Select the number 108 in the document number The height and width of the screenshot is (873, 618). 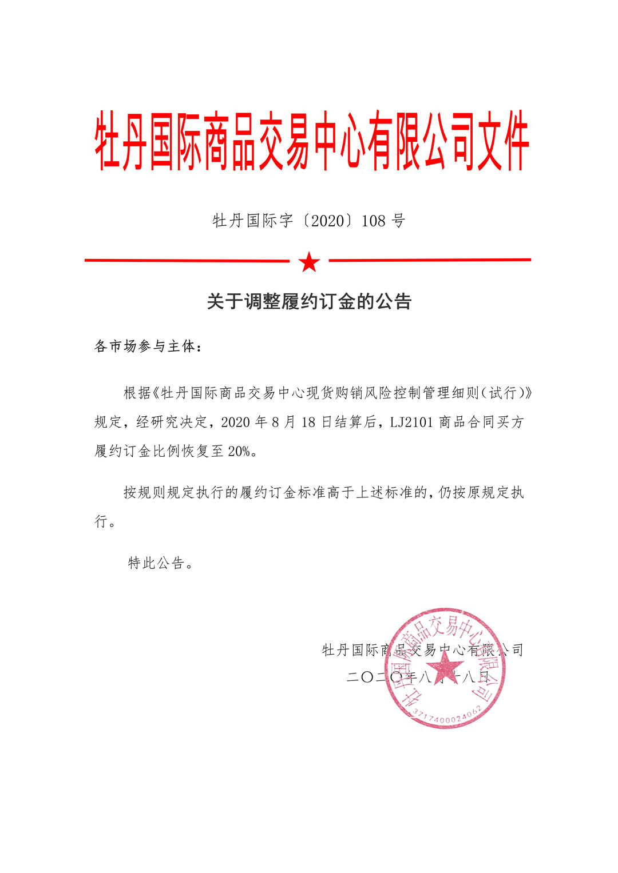(373, 221)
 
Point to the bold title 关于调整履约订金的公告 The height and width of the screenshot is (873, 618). (309, 301)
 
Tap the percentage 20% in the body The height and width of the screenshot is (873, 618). (239, 452)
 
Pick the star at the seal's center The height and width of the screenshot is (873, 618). (445, 667)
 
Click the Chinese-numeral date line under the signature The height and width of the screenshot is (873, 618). (418, 677)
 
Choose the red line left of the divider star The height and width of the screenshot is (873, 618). (187, 261)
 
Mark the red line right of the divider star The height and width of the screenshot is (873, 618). (430, 260)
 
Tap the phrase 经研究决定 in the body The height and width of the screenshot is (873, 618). (172, 422)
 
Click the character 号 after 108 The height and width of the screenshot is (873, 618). (399, 221)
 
